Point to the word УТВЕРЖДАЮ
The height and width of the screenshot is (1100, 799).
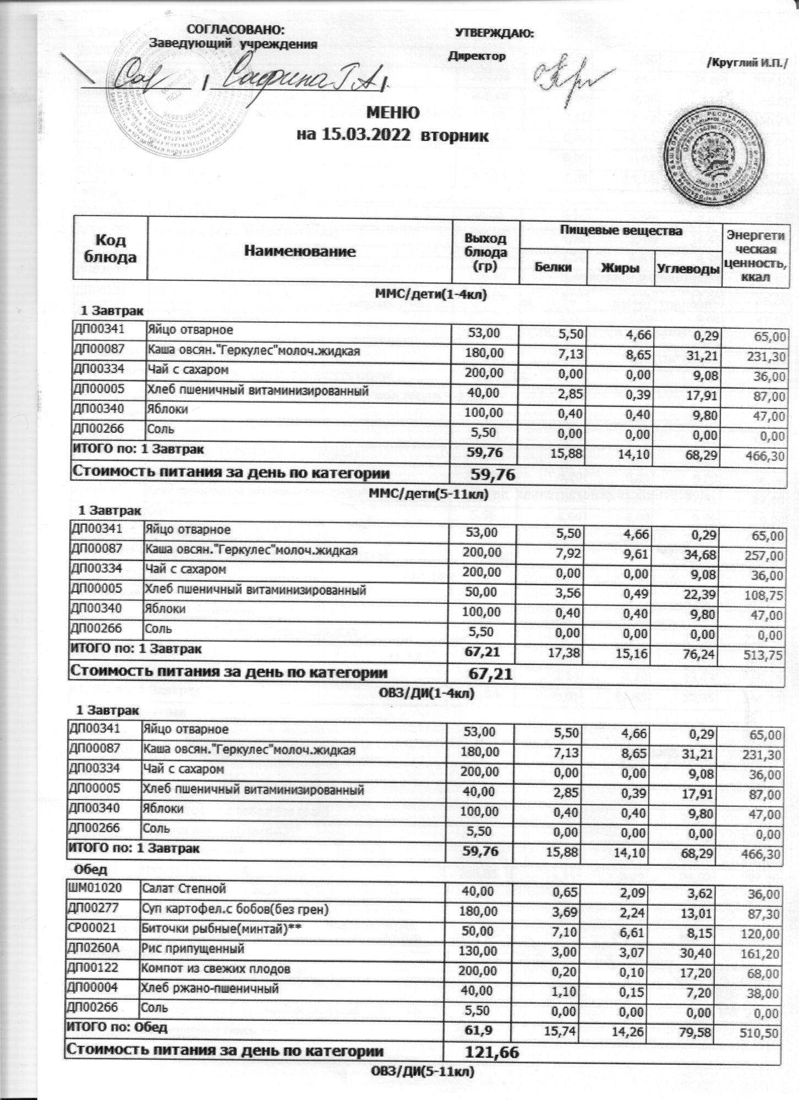point(494,33)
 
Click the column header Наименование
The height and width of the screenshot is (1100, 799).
point(299,252)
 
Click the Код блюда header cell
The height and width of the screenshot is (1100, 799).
point(111,249)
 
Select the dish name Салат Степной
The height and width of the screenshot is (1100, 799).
point(184,888)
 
